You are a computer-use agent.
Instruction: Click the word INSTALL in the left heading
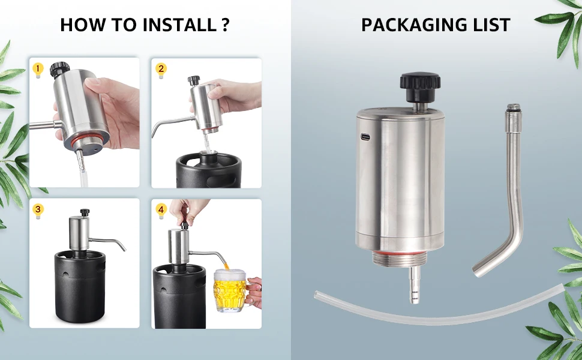[x=179, y=25]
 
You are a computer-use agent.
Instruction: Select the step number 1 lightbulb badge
[x=38, y=70]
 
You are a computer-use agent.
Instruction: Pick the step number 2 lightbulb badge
[x=161, y=70]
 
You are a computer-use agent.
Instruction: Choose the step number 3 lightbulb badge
[x=38, y=211]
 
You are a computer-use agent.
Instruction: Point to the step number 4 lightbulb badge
[x=161, y=211]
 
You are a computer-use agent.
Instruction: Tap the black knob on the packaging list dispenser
[x=420, y=86]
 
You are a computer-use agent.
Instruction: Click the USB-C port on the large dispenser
[x=365, y=137]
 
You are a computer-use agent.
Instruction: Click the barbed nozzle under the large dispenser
[x=415, y=284]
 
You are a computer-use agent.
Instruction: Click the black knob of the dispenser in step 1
[x=59, y=70]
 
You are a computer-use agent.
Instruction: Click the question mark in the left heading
[x=226, y=25]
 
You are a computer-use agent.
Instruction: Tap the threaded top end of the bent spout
[x=514, y=108]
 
